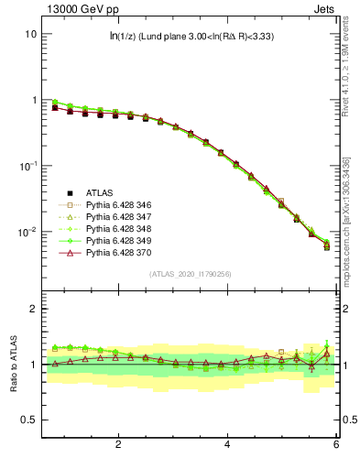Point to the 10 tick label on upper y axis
click(x=29, y=34)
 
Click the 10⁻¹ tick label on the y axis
click(x=27, y=166)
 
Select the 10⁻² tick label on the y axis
click(x=27, y=233)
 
